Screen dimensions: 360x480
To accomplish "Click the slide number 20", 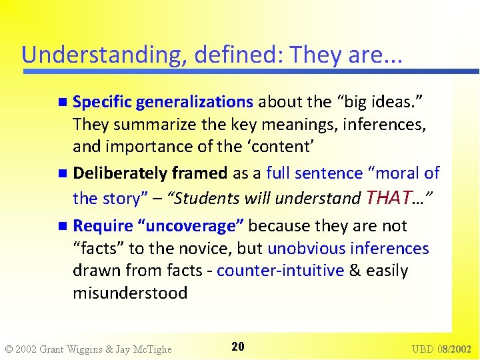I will click(x=238, y=346).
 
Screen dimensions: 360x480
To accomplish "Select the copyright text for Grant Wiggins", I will click(x=88, y=349).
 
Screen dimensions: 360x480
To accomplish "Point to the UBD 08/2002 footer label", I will click(x=441, y=349).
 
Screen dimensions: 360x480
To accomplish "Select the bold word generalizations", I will click(x=194, y=102).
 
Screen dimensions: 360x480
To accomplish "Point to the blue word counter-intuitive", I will click(x=281, y=271).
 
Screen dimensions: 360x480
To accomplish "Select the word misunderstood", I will click(x=130, y=293).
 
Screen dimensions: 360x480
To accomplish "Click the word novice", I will click(x=181, y=249).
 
